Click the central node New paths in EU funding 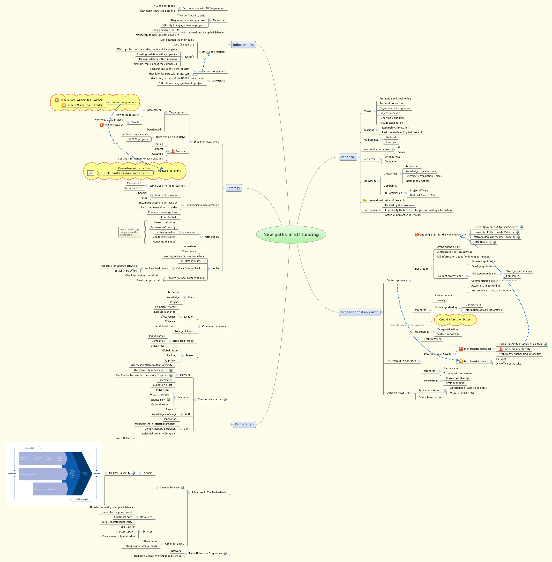[x=291, y=235]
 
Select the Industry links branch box [x=243, y=45]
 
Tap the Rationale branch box [x=348, y=157]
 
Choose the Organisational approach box [x=359, y=312]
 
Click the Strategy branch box [x=234, y=188]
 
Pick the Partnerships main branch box [x=244, y=424]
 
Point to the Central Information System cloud [x=455, y=320]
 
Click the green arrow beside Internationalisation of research [x=365, y=200]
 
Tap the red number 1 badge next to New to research [x=101, y=125]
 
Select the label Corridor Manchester [x=210, y=400]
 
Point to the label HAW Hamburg [x=482, y=242]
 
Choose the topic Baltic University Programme [x=205, y=553]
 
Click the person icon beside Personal [x=173, y=152]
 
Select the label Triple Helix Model [x=183, y=341]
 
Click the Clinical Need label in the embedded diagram [x=82, y=499]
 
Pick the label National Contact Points [x=424, y=196]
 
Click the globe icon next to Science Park [x=168, y=400]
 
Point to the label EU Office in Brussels [x=191, y=261]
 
